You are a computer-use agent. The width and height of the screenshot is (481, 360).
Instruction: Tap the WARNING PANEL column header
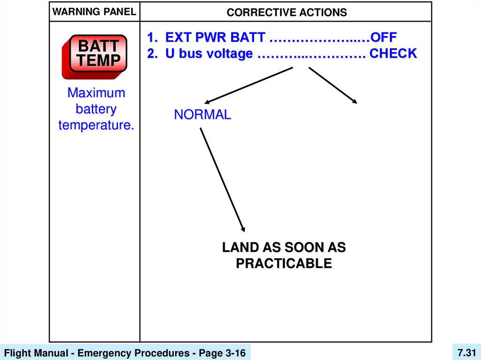coord(94,12)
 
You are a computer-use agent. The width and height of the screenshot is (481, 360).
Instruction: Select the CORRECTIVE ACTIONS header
coord(287,12)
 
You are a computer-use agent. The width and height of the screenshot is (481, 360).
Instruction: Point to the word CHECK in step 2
coord(393,54)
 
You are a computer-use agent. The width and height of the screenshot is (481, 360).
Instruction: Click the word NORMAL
coord(202,115)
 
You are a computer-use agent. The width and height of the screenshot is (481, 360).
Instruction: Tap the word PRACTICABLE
coord(284,263)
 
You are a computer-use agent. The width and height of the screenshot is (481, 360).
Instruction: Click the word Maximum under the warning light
coord(96,92)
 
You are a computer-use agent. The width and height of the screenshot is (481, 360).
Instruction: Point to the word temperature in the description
coord(96,125)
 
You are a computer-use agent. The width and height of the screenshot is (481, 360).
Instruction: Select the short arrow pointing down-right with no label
coord(333,85)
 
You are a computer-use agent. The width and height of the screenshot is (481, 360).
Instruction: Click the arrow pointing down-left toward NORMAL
coord(249,85)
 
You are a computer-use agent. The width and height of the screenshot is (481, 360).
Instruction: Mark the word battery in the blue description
coord(96,109)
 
